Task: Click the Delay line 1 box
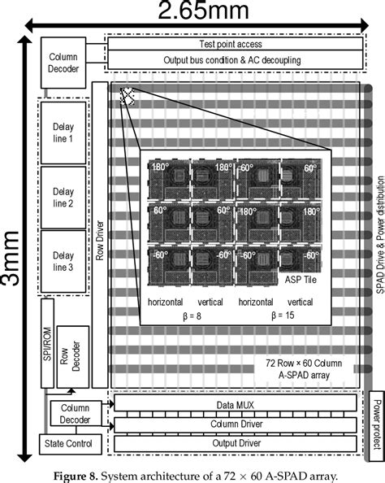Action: click(x=63, y=133)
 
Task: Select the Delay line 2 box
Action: click(x=63, y=198)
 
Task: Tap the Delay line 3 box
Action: click(x=63, y=262)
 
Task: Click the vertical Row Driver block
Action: click(x=100, y=235)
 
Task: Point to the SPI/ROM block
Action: click(x=47, y=343)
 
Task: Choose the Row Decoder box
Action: click(x=73, y=357)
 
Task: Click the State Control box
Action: click(x=71, y=444)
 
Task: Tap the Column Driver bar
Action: click(x=236, y=424)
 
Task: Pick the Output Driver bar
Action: click(x=236, y=444)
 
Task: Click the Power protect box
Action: click(x=377, y=426)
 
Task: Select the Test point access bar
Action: click(x=236, y=44)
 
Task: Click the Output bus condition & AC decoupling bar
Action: click(x=236, y=59)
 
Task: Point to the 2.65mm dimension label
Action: click(x=203, y=10)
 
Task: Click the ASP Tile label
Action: click(x=301, y=280)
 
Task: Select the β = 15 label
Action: click(x=283, y=315)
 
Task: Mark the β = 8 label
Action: click(x=192, y=316)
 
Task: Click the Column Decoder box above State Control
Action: click(x=76, y=414)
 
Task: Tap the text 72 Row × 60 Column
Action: click(x=304, y=363)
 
